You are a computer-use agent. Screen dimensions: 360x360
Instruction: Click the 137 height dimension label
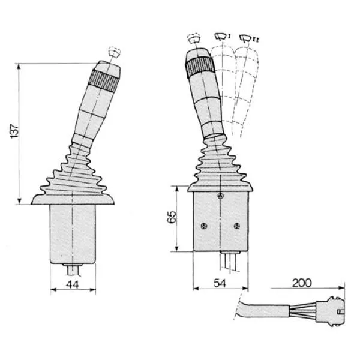(14, 131)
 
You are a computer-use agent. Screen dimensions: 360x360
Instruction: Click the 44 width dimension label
(73, 284)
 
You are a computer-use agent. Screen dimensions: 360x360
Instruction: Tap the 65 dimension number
(172, 217)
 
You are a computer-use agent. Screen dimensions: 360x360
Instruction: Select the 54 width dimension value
(220, 283)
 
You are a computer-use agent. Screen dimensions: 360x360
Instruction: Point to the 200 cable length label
(302, 283)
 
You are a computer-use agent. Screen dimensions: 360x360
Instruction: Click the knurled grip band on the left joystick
(104, 80)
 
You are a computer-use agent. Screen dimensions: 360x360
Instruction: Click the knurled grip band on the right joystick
(200, 67)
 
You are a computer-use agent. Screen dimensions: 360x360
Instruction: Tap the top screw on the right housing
(221, 196)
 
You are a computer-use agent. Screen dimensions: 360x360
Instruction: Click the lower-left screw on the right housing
(204, 226)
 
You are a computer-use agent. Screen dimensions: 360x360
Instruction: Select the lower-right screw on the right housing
(237, 226)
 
